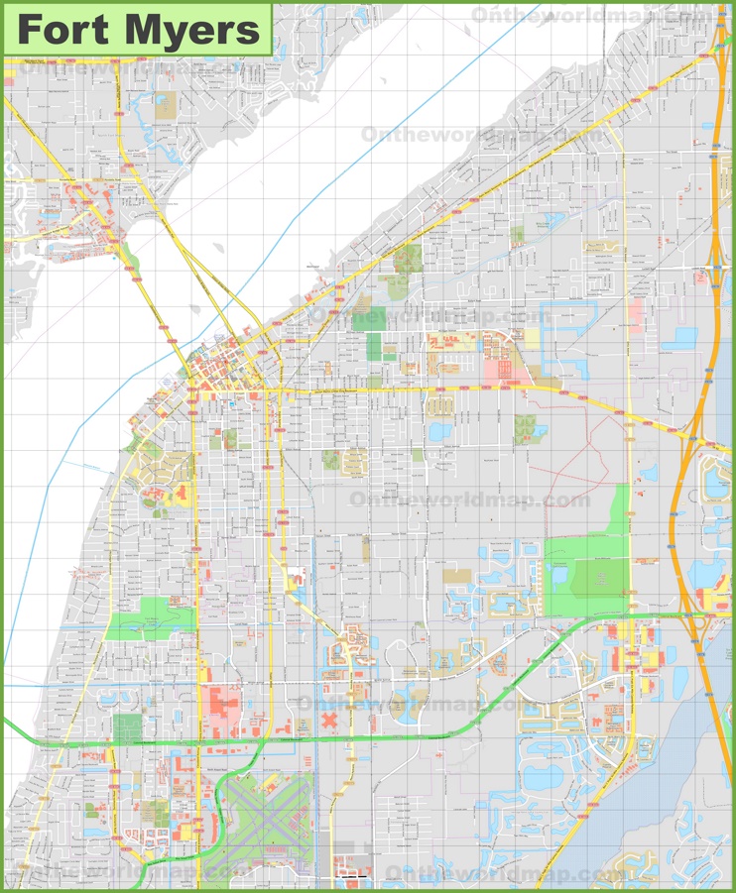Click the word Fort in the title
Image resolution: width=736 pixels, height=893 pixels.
(69, 30)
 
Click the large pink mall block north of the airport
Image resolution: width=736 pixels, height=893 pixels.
(224, 707)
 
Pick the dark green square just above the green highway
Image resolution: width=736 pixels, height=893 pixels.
(128, 728)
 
